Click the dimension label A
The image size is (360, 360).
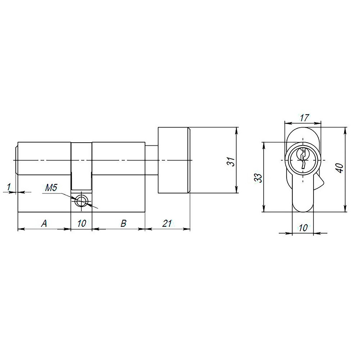[44, 224]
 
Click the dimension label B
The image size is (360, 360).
[123, 224]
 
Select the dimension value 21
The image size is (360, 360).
[166, 224]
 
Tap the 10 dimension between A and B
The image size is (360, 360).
[81, 224]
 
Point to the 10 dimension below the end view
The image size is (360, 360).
[303, 228]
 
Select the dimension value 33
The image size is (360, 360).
[258, 177]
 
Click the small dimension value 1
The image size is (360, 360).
[9, 186]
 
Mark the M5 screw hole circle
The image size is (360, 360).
[82, 201]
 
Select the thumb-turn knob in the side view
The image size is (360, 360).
[173, 161]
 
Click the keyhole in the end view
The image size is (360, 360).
[303, 159]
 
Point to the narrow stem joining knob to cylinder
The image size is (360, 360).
[151, 161]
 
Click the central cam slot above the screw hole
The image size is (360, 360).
[81, 166]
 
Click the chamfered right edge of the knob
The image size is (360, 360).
[188, 161]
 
